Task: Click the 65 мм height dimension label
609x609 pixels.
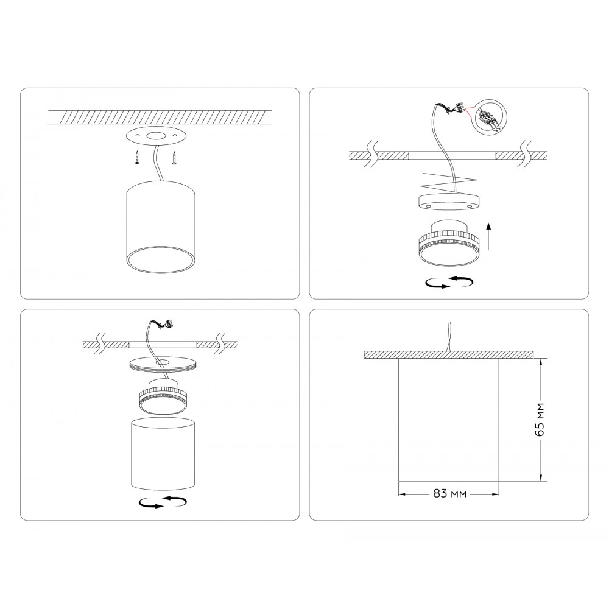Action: pyautogui.click(x=540, y=420)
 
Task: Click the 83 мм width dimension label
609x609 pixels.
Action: pyautogui.click(x=450, y=494)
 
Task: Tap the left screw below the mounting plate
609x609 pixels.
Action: pyautogui.click(x=137, y=158)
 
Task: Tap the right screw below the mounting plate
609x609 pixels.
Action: pyautogui.click(x=174, y=158)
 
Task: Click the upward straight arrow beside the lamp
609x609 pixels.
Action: pyautogui.click(x=488, y=236)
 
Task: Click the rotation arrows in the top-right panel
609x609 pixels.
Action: pyautogui.click(x=450, y=282)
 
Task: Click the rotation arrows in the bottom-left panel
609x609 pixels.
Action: pyautogui.click(x=163, y=502)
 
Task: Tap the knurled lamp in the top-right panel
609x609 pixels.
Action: pyautogui.click(x=449, y=244)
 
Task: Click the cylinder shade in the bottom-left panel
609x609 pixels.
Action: pyautogui.click(x=163, y=454)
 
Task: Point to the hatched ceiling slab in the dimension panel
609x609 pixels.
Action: pyautogui.click(x=449, y=355)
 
